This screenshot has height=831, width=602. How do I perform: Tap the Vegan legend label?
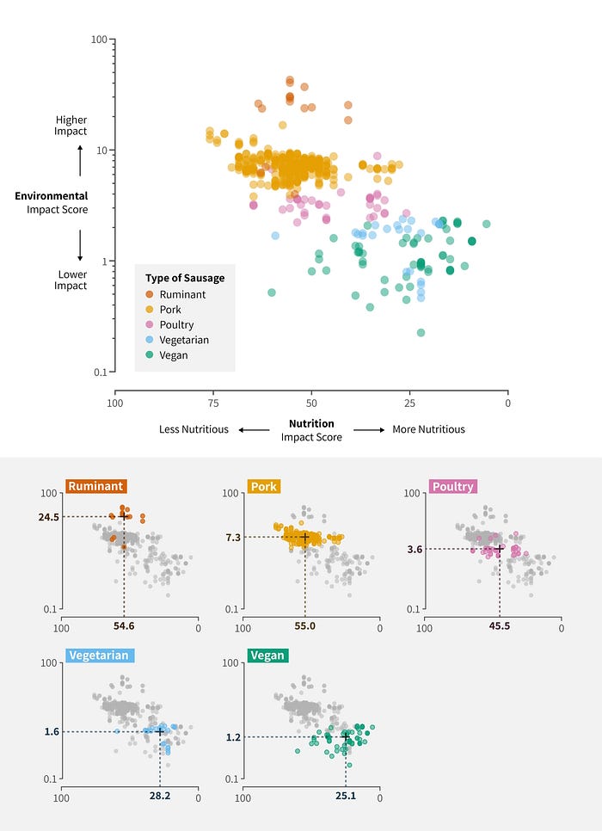click(173, 354)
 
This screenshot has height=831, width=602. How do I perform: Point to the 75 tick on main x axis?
click(213, 403)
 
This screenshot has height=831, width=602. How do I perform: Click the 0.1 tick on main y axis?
click(99, 372)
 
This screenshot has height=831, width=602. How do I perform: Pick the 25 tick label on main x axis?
click(410, 403)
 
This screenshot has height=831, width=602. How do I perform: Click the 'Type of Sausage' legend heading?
click(185, 277)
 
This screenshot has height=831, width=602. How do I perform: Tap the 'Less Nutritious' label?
click(193, 429)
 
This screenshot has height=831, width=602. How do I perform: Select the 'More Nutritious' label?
click(428, 429)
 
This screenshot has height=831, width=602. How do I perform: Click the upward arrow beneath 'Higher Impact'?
click(80, 160)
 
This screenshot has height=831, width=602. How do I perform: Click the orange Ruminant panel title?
click(95, 486)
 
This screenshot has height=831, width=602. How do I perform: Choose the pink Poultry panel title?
click(453, 486)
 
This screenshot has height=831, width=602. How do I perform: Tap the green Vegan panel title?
click(267, 656)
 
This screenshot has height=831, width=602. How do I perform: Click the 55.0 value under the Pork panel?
click(305, 625)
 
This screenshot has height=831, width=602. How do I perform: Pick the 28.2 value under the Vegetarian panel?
click(159, 796)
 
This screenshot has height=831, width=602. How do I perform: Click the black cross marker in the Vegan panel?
click(346, 737)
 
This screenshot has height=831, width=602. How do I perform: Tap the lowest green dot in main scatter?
click(421, 332)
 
